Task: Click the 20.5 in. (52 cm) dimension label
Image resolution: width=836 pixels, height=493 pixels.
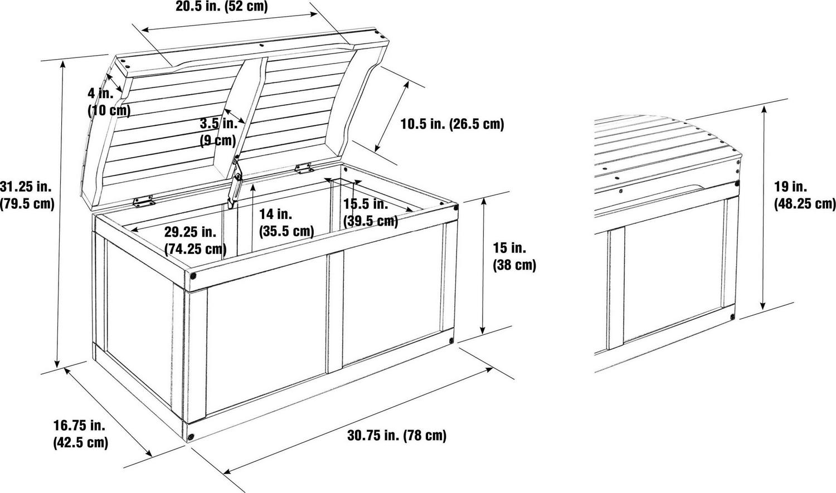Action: tap(222, 6)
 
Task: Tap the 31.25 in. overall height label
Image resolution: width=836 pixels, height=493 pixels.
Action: tap(27, 195)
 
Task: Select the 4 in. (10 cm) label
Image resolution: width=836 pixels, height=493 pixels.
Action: tap(109, 102)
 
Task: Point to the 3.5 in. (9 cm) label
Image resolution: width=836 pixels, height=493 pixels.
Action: tap(218, 132)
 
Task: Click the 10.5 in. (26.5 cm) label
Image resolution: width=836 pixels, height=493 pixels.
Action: tap(453, 124)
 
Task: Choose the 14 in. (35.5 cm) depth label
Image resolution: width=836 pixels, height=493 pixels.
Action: tap(286, 223)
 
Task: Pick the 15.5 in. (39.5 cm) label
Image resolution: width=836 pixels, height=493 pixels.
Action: tap(371, 213)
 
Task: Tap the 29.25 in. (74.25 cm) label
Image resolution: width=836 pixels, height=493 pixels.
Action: tap(195, 241)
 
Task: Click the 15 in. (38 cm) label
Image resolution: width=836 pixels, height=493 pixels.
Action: tap(514, 257)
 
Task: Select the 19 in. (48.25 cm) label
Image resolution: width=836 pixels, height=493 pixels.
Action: tap(804, 195)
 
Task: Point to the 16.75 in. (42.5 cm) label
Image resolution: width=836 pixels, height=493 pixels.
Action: tap(81, 434)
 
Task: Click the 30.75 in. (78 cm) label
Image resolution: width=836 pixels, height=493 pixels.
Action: tap(397, 435)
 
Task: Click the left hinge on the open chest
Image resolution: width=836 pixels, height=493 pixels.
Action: tap(144, 201)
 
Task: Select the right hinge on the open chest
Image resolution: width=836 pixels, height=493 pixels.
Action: tap(304, 168)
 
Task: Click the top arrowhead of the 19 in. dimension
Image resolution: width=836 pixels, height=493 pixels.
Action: tap(764, 110)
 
